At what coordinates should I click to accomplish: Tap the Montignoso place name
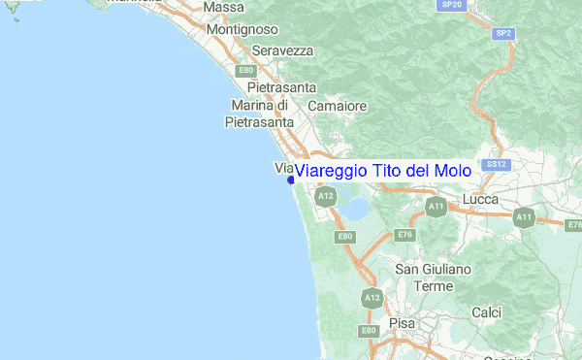tap(242, 30)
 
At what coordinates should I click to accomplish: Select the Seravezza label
tap(282, 50)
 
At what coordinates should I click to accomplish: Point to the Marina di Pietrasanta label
tap(259, 114)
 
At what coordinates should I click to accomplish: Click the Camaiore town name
tap(337, 105)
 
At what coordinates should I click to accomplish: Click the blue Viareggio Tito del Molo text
tap(382, 171)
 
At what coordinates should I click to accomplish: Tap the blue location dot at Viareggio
tap(291, 180)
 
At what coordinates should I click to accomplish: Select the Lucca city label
tap(482, 199)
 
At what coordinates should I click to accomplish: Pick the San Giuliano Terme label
tap(433, 278)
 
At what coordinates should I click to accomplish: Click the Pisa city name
tap(401, 322)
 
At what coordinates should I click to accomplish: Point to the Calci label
tap(486, 312)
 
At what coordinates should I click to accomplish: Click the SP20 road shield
tap(451, 5)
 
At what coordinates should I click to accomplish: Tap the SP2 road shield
tap(502, 33)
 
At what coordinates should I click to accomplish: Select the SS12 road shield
tap(498, 164)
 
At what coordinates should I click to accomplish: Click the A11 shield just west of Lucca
tap(436, 207)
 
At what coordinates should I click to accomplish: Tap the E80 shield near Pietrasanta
tap(246, 70)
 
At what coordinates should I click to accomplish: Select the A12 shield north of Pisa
tap(370, 298)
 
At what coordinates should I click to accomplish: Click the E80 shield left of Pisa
tap(369, 331)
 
